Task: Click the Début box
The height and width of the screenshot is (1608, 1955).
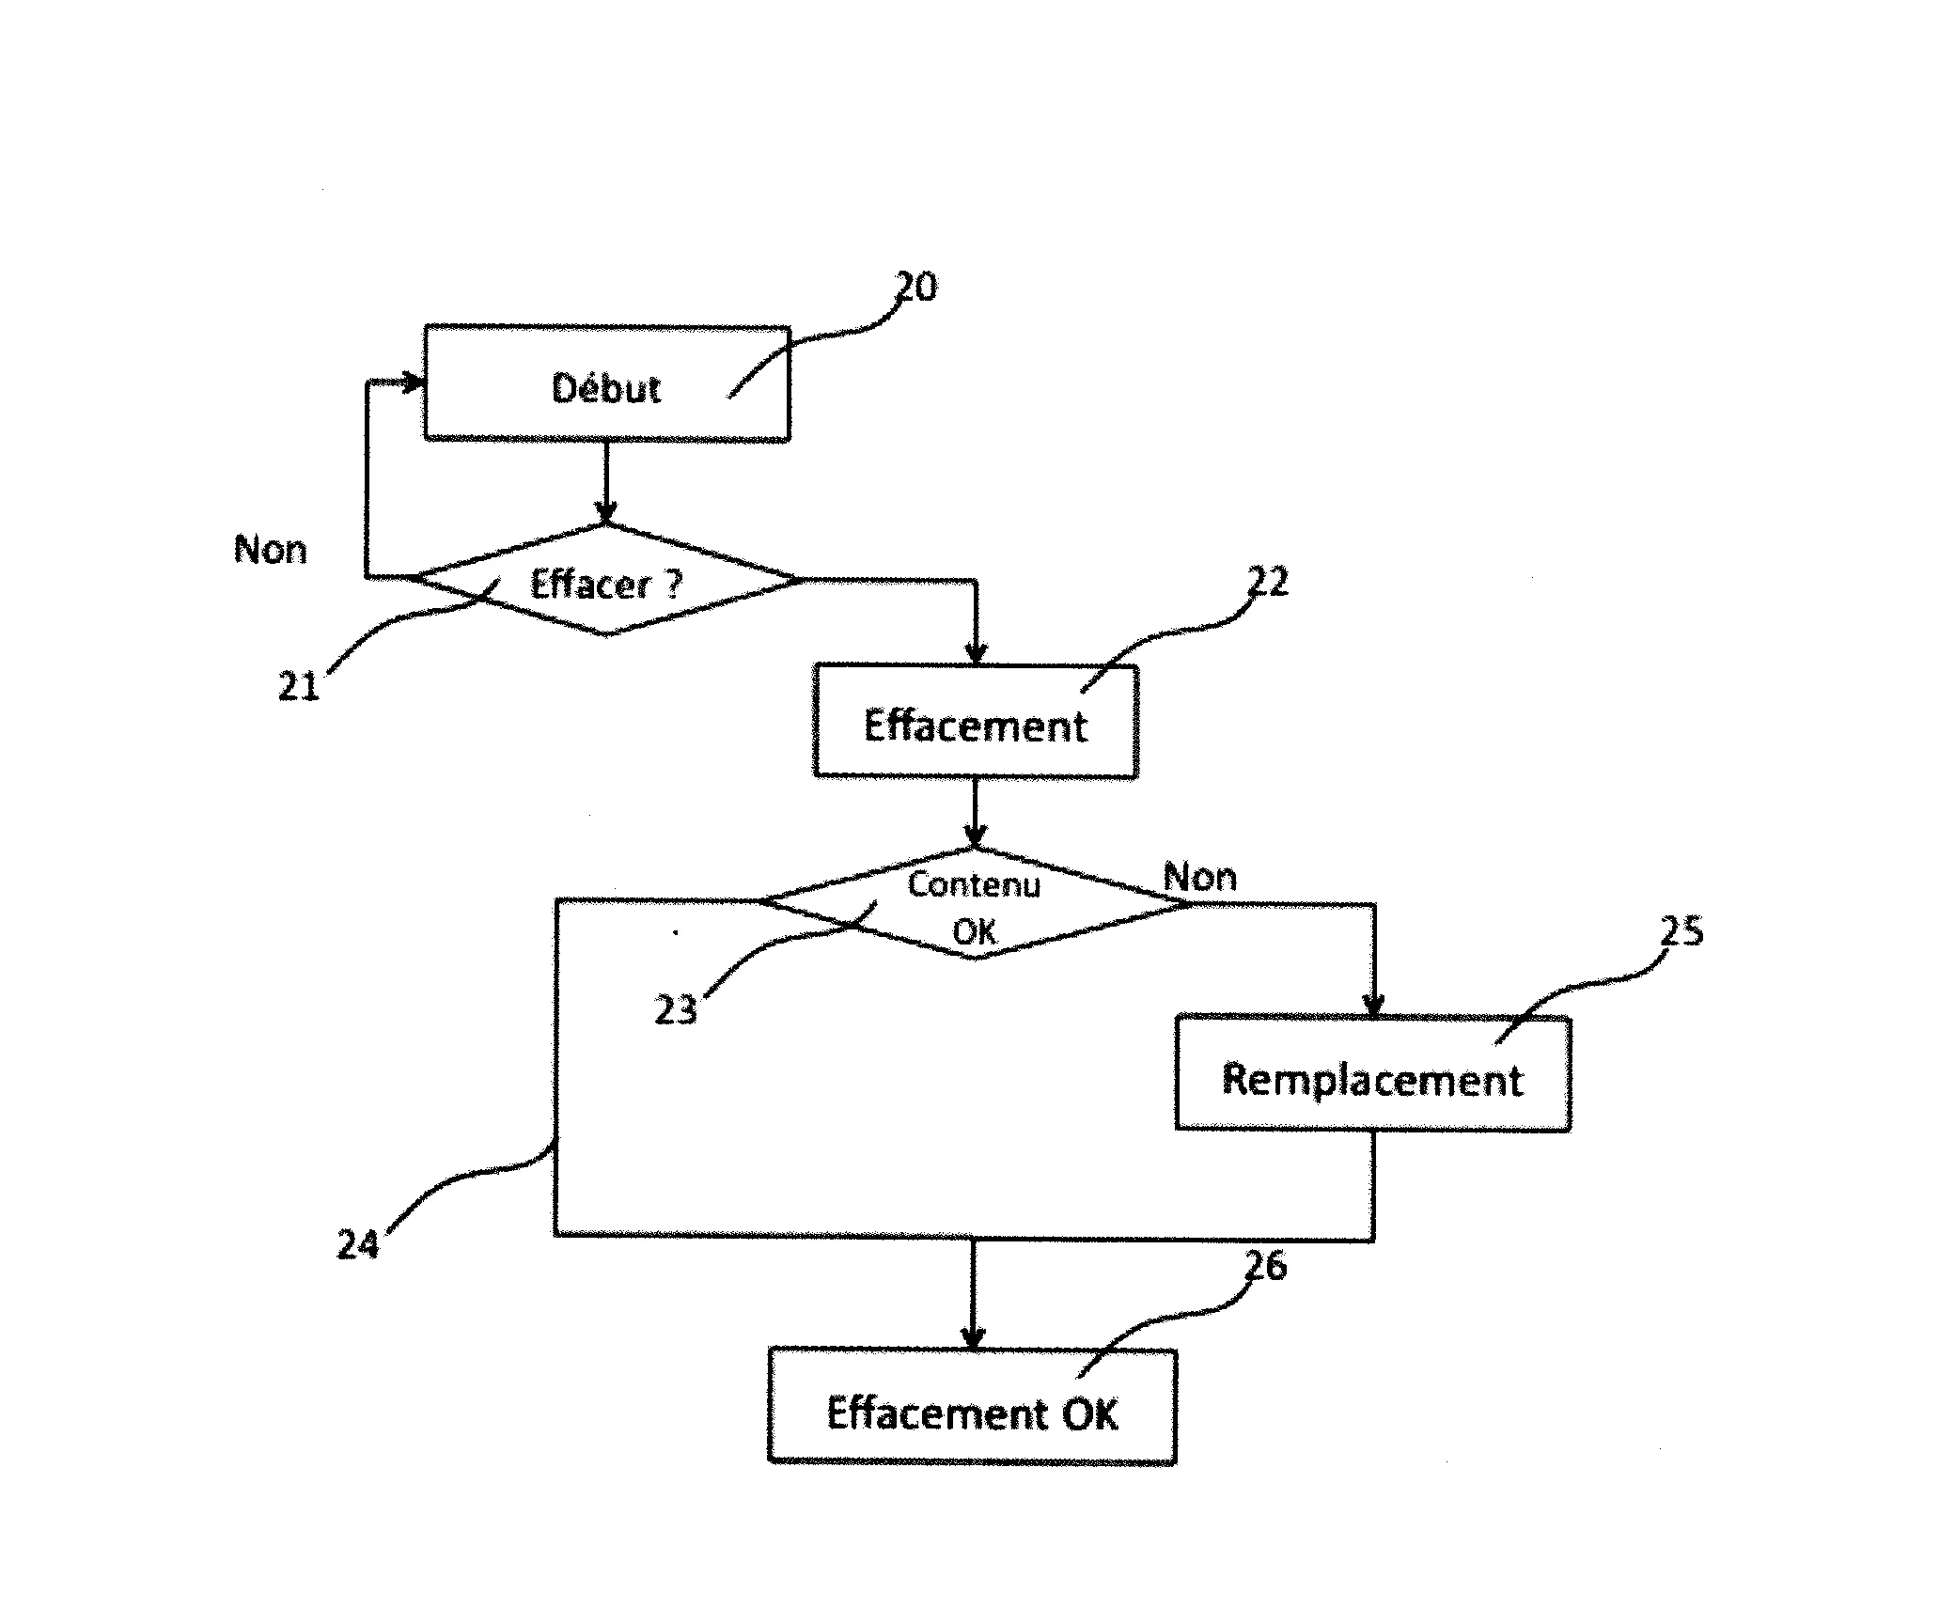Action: point(606,383)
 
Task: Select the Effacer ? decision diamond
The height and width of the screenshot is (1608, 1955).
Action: point(606,580)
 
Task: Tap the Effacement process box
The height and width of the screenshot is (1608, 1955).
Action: point(976,722)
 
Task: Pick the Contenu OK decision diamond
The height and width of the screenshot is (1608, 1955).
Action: point(975,903)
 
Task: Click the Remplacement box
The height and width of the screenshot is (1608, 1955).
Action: point(1373,1073)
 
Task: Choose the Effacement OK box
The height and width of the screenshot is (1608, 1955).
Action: point(972,1407)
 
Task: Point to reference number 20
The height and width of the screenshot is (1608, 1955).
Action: point(915,287)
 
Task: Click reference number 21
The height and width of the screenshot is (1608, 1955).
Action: point(299,686)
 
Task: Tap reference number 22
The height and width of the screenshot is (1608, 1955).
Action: point(1268,582)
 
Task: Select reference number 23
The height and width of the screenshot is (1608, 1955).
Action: point(676,1010)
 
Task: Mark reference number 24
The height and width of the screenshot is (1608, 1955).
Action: point(358,1244)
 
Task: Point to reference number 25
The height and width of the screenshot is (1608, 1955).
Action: point(1681,931)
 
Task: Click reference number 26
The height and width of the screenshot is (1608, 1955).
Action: point(1266,1266)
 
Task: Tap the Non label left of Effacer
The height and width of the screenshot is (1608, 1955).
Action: point(271,550)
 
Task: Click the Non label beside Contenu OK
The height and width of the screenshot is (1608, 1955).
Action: point(1200,878)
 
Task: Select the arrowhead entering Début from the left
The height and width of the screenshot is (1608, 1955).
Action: point(414,382)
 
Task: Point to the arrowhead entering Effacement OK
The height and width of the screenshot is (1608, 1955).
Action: point(973,1338)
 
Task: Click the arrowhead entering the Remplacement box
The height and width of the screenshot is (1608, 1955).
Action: point(1373,1006)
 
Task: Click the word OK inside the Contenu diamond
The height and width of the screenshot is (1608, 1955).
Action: point(975,932)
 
